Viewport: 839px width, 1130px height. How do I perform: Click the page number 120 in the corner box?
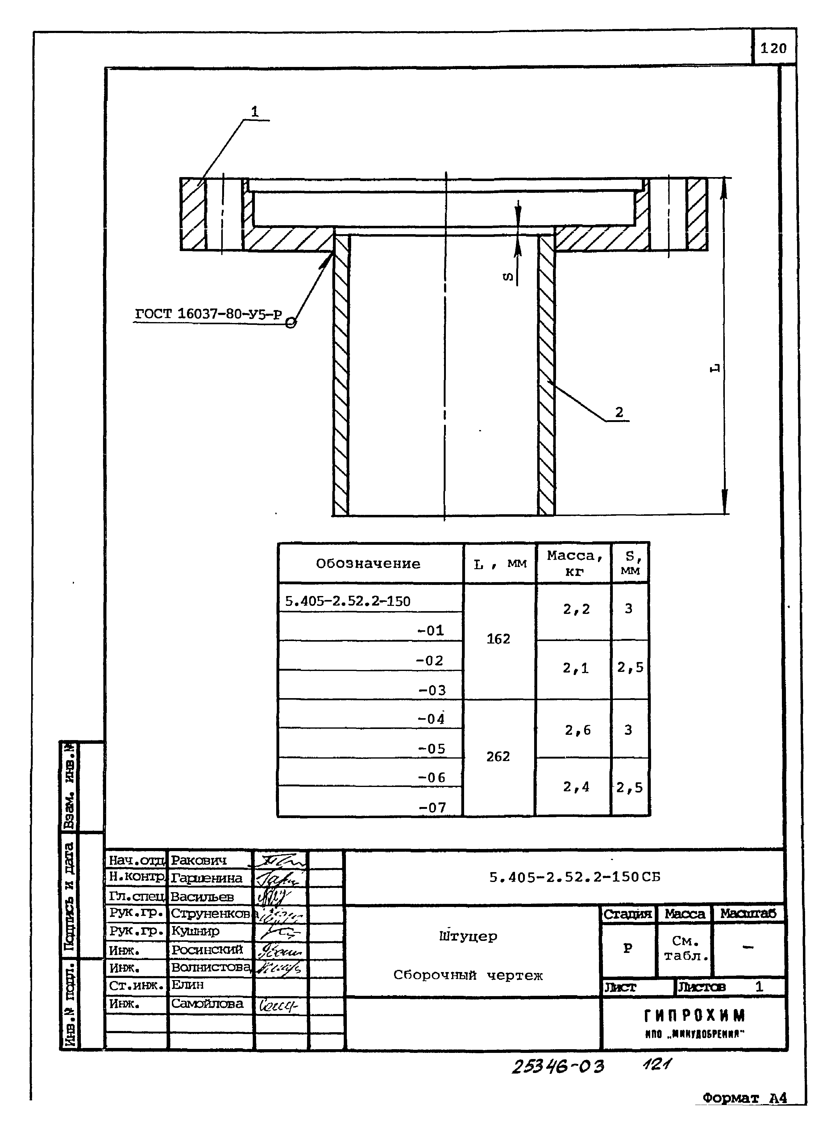click(x=773, y=49)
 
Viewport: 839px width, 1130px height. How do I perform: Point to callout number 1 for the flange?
click(x=255, y=111)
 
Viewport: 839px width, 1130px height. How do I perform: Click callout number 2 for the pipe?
click(x=619, y=412)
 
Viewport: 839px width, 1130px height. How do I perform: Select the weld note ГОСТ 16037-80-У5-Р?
click(x=208, y=314)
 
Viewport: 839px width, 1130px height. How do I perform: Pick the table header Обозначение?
click(x=368, y=564)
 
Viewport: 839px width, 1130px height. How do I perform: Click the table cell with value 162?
click(x=498, y=639)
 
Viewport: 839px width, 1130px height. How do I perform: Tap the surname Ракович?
click(x=199, y=860)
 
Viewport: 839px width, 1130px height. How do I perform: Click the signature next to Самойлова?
click(x=278, y=1005)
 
